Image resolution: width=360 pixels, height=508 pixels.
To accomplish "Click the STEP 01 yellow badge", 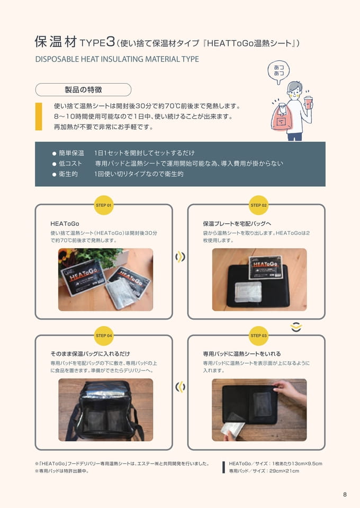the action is (103, 205).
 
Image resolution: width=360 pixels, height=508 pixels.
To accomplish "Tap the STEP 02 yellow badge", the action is (258, 205).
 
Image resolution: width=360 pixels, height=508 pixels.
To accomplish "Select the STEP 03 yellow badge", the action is (258, 335).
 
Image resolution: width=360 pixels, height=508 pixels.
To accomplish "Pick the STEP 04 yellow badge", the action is (103, 335).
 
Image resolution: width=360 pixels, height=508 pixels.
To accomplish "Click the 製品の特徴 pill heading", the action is (83, 90).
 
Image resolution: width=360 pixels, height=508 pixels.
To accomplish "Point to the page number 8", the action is (345, 494).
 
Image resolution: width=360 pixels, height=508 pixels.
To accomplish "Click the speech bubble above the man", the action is (278, 71).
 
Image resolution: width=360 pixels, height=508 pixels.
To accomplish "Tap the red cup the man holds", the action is (308, 102).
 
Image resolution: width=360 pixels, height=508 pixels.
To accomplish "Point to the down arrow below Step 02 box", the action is (296, 327).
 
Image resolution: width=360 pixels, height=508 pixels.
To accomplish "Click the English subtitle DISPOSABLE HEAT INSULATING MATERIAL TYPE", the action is (117, 59).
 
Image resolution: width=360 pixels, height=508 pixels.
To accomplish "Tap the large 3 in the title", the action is (111, 42).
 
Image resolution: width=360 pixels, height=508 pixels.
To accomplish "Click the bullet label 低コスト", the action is (70, 164).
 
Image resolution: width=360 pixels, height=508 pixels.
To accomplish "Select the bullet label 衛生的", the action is (68, 174).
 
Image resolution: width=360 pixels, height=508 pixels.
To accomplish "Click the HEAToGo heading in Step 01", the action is (65, 223).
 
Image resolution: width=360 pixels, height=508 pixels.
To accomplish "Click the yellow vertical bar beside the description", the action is (39, 116).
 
